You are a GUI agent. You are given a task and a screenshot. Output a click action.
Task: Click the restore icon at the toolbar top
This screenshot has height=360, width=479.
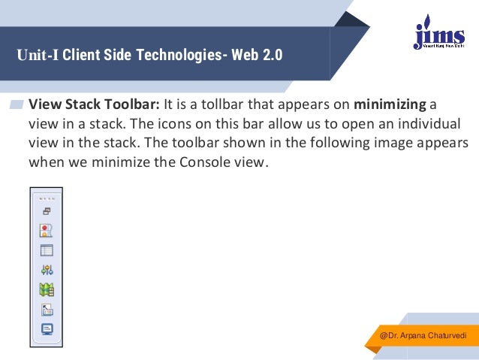tap(46, 213)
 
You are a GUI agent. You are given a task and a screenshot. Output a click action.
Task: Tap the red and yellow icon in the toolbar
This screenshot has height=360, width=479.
tap(46, 231)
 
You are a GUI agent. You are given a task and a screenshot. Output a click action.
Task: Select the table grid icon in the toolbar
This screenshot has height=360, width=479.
tap(46, 250)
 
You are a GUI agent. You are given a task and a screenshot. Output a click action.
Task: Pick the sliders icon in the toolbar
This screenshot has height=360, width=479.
tap(46, 270)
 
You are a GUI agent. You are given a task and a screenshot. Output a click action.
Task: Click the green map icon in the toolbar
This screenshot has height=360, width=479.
tap(46, 289)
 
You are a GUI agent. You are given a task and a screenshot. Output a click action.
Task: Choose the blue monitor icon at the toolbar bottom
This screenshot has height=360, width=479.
tap(46, 328)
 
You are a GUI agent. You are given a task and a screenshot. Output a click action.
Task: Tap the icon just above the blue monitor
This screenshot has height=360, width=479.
tap(46, 310)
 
